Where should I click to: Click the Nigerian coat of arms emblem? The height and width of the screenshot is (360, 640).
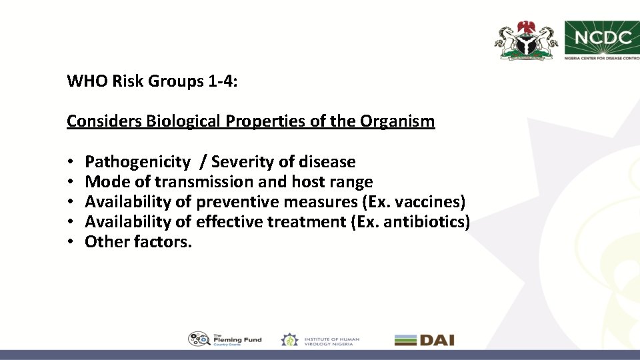pos(525,41)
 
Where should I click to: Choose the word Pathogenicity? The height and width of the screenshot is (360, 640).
pos(137,162)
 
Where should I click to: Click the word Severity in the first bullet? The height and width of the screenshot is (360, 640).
pos(241,162)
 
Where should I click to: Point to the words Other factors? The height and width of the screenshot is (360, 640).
pos(138,242)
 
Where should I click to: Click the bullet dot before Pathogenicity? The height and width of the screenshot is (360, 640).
pos(70,163)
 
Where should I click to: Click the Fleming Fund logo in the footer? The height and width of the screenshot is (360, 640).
pos(225,339)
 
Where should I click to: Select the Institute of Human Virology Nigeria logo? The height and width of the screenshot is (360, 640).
pos(320,339)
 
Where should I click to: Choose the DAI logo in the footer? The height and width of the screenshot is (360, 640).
pos(424,340)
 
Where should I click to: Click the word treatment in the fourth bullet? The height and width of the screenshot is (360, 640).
pos(306,222)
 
